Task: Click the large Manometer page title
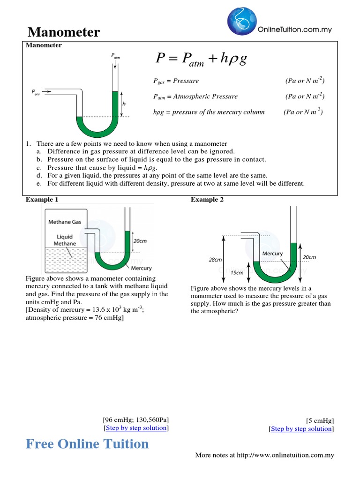(x=64, y=32)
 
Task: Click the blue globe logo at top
(x=241, y=22)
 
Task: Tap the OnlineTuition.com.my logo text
(x=295, y=29)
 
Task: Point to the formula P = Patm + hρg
(x=202, y=59)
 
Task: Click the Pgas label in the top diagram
(x=36, y=92)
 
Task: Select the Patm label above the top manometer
(x=115, y=56)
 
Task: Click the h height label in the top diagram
(x=124, y=104)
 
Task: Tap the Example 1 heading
(x=42, y=200)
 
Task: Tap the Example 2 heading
(x=207, y=200)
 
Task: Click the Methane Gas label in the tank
(x=66, y=222)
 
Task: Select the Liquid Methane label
(x=65, y=240)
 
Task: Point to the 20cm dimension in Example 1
(x=140, y=240)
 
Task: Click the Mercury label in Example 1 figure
(x=141, y=268)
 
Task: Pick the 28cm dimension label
(x=215, y=259)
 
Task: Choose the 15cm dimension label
(x=238, y=272)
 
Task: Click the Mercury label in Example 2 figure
(x=272, y=254)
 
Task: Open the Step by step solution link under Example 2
(x=301, y=429)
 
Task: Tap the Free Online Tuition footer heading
(x=87, y=443)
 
